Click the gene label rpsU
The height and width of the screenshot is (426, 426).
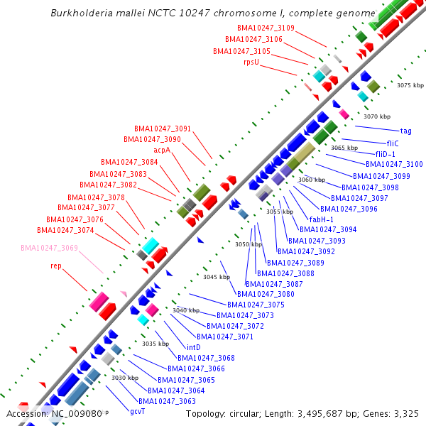click(x=251, y=62)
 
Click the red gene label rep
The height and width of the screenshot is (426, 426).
click(x=55, y=266)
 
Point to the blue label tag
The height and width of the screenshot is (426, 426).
click(x=406, y=131)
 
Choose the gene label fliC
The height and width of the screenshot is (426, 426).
click(x=393, y=143)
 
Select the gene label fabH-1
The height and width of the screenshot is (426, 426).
click(x=321, y=219)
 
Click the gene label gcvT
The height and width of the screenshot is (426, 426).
click(x=137, y=411)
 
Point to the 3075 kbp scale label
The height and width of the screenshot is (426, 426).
click(x=410, y=85)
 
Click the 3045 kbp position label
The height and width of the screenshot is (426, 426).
click(x=216, y=277)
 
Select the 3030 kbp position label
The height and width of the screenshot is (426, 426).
click(x=124, y=378)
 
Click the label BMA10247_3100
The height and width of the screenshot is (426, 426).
click(x=398, y=164)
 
